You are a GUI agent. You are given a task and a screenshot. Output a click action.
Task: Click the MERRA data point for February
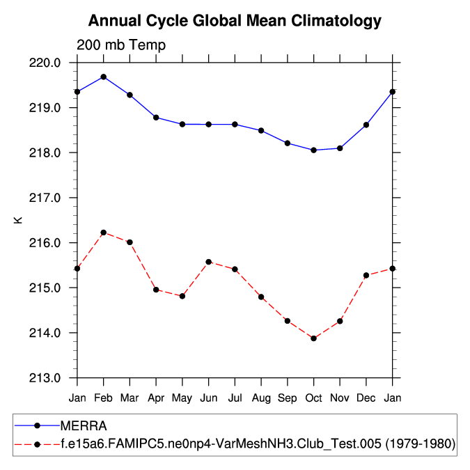[104, 77]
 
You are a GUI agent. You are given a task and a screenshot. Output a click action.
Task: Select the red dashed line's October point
[313, 338]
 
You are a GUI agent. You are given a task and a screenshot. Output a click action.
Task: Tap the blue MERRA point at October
[313, 150]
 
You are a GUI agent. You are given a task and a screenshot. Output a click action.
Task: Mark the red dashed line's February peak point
[104, 233]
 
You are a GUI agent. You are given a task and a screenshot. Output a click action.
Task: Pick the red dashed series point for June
[208, 262]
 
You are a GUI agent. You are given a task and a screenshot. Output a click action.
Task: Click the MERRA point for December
[366, 125]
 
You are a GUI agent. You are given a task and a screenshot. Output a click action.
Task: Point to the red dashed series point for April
[156, 290]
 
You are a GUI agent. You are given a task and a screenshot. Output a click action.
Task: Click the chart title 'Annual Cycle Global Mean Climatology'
[235, 21]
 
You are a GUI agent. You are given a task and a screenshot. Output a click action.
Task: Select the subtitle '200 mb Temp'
[121, 46]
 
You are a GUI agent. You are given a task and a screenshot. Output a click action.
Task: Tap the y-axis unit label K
[19, 220]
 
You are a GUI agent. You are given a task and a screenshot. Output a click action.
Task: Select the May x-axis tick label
[182, 398]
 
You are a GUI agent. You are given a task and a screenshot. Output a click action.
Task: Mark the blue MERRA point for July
[235, 124]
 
